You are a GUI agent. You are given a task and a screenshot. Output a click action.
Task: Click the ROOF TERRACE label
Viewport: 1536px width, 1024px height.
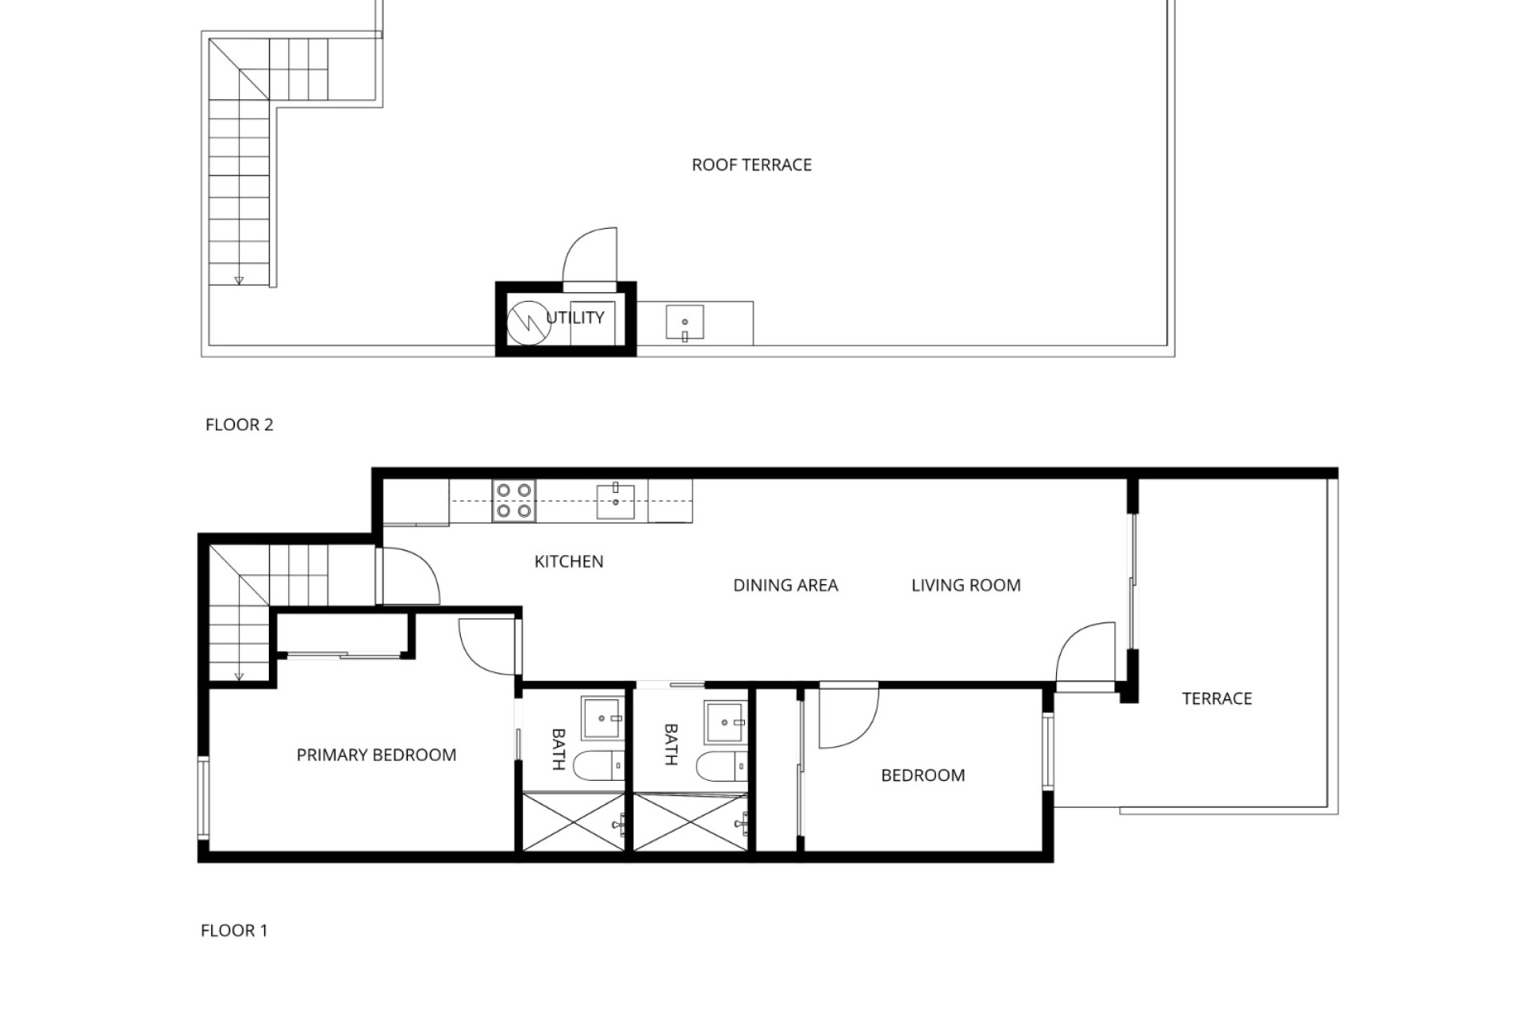[751, 165]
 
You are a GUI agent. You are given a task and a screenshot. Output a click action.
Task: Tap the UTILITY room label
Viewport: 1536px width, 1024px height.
[575, 318]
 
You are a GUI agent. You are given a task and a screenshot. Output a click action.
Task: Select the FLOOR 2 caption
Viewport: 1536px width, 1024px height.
[239, 425]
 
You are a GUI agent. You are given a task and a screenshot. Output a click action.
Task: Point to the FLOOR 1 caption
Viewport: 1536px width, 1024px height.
[234, 930]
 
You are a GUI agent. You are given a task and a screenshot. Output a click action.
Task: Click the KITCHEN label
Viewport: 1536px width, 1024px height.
[569, 562]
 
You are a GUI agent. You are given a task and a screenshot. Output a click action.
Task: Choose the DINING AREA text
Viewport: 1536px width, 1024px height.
[786, 586]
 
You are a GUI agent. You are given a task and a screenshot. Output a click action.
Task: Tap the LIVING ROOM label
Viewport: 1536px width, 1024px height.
[966, 586]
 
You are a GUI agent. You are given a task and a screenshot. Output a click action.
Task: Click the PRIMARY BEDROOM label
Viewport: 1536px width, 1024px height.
[376, 755]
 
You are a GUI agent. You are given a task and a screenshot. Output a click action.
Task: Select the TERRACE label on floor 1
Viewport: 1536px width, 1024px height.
[1217, 698]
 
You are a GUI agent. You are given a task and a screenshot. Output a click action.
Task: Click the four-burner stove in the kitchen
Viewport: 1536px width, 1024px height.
[514, 501]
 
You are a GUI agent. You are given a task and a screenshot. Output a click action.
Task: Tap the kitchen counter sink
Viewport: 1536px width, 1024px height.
[616, 502]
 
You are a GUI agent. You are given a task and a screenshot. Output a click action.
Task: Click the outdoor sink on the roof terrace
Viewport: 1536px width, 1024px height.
[685, 323]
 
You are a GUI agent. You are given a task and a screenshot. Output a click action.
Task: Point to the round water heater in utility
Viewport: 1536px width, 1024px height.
[528, 322]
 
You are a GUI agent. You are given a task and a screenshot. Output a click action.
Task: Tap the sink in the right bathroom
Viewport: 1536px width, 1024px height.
[725, 722]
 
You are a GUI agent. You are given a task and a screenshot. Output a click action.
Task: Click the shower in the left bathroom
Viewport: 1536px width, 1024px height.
[574, 822]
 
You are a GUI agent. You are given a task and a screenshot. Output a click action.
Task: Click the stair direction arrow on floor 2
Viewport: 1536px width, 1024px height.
[238, 280]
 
